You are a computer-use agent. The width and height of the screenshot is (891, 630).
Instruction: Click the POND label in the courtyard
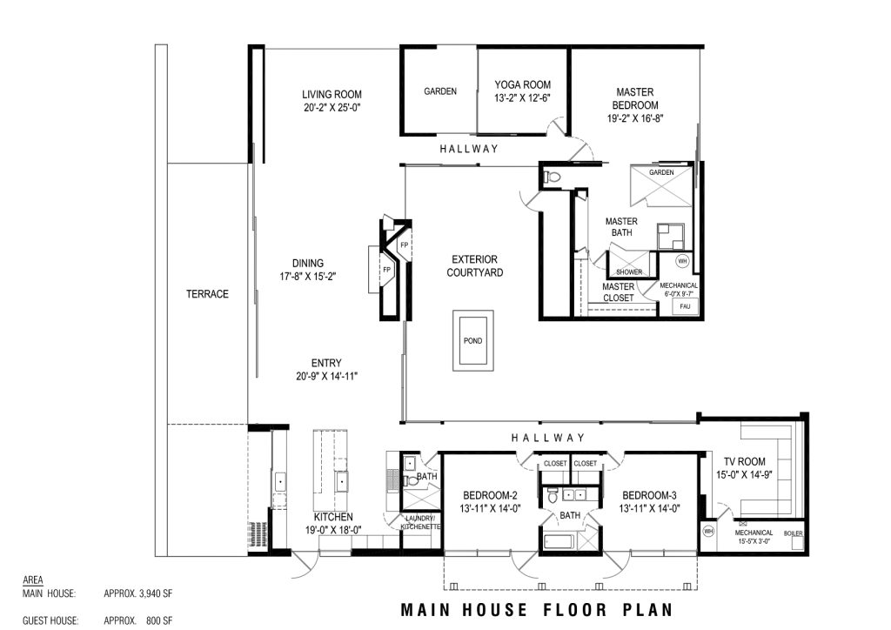(x=472, y=341)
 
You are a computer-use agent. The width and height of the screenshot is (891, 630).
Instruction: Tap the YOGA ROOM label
(x=522, y=84)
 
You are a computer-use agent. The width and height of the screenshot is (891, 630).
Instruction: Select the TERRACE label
(x=207, y=294)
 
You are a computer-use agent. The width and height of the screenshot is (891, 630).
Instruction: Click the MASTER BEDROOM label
(x=635, y=98)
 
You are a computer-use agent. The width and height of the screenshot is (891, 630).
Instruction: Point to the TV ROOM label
(x=745, y=461)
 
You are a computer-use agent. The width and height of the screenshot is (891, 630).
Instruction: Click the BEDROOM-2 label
(x=490, y=495)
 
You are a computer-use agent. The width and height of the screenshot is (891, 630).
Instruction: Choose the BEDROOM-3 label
(x=649, y=495)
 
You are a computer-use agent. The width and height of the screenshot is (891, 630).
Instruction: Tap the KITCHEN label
(x=333, y=517)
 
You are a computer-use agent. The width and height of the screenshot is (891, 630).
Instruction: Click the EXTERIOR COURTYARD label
(x=474, y=266)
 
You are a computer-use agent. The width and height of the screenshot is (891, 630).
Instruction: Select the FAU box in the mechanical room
(x=685, y=307)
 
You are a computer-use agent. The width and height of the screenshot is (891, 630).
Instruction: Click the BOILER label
(x=794, y=533)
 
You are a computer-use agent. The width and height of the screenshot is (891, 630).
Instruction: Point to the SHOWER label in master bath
(x=629, y=272)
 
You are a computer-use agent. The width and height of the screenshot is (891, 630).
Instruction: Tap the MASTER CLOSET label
(x=619, y=292)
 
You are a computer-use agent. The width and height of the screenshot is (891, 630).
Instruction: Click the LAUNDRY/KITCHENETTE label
(x=420, y=523)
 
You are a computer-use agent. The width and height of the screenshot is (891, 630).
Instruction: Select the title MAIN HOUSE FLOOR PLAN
(x=537, y=610)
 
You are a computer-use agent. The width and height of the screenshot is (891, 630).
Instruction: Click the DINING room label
(x=308, y=263)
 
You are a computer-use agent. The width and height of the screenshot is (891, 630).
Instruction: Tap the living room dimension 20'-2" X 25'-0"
(x=332, y=107)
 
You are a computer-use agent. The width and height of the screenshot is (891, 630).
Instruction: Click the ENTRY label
(x=326, y=363)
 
